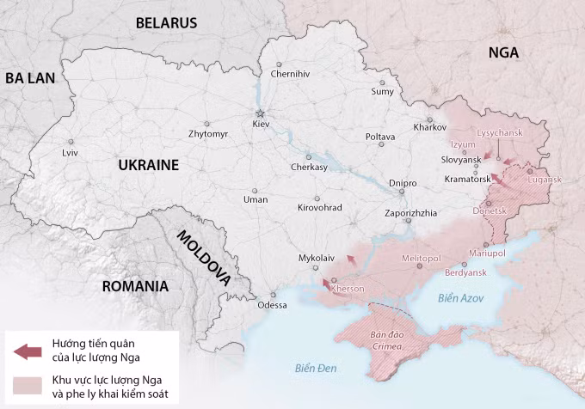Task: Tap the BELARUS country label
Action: click(x=166, y=23)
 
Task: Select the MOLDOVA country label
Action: click(x=204, y=257)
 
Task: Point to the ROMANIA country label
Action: click(x=134, y=286)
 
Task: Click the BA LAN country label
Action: click(x=30, y=78)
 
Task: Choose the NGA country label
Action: click(x=503, y=52)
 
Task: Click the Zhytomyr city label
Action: click(x=208, y=135)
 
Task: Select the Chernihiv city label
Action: click(x=290, y=74)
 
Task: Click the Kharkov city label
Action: click(x=430, y=128)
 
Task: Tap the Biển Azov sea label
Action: click(x=460, y=298)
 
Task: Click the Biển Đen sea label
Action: click(x=315, y=369)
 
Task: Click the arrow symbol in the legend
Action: click(x=28, y=351)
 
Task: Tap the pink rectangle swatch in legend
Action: click(x=28, y=384)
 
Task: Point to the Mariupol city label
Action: click(x=487, y=254)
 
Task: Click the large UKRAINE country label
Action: click(x=148, y=165)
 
